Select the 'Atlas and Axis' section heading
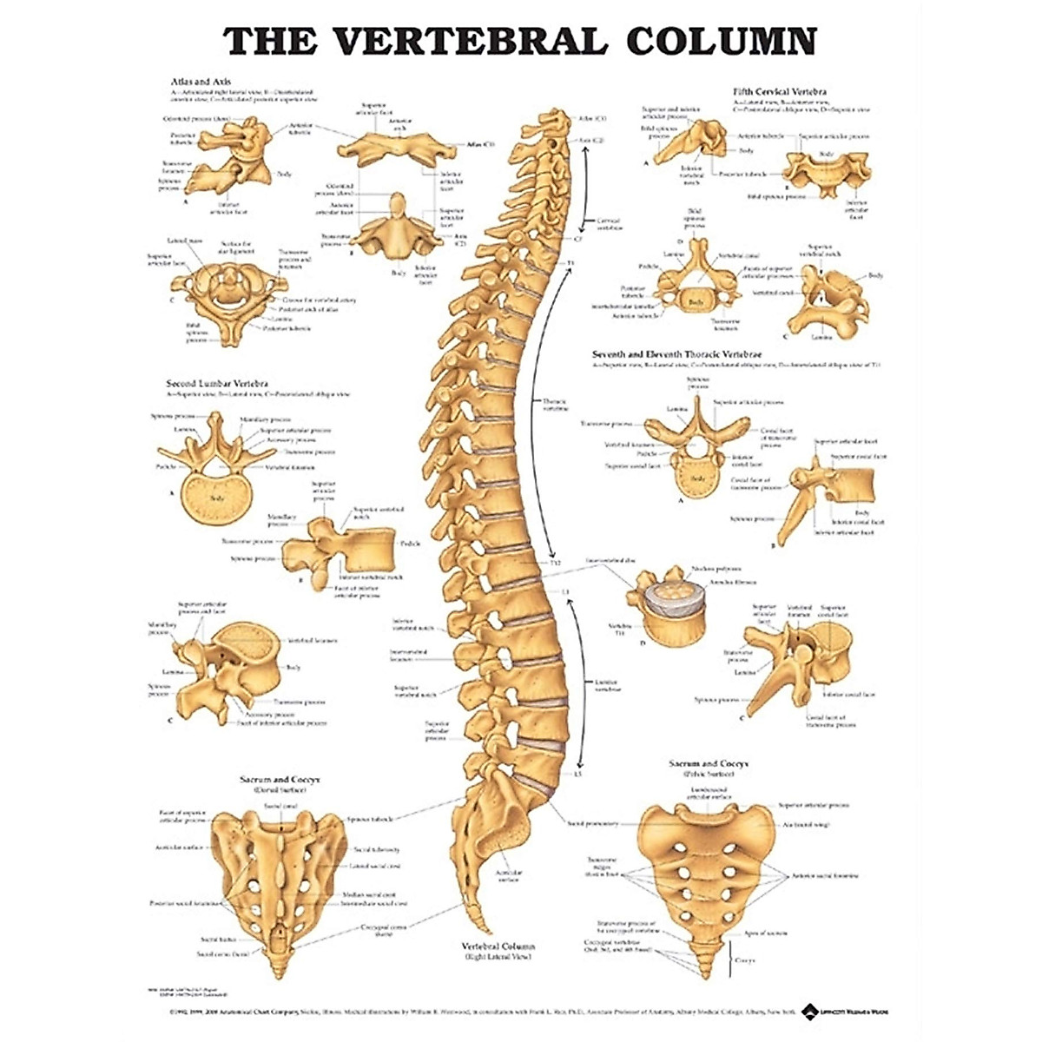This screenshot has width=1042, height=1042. click(201, 81)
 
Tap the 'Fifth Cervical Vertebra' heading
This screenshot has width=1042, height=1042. click(779, 90)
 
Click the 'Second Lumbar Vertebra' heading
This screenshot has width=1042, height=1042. click(217, 383)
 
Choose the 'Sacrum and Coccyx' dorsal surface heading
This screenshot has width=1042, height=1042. click(280, 780)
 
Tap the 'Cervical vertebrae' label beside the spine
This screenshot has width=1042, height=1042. click(608, 224)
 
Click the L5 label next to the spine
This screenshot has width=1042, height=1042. click(577, 773)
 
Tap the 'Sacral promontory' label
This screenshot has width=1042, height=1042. click(593, 823)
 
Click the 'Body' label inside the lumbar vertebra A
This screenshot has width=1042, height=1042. click(217, 498)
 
